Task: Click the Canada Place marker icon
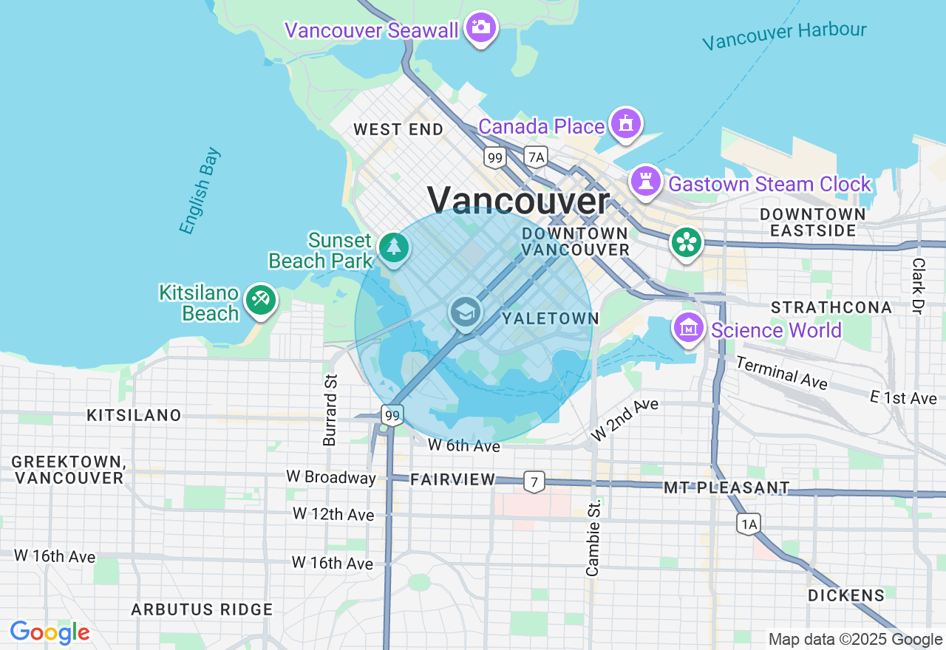coord(626,124)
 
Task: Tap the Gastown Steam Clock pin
coord(646,181)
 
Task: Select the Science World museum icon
coord(689,327)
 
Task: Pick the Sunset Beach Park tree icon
coord(394,247)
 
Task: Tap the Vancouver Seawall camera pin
coord(481,28)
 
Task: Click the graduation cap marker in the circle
coord(465,313)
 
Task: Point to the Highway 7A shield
coord(536,157)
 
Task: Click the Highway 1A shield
coord(748,524)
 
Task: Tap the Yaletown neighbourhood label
coord(550,318)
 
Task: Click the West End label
coord(398,130)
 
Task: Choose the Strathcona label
coord(831,307)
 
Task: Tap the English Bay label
coord(200,191)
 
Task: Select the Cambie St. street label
coord(593,538)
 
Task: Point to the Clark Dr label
coord(918,286)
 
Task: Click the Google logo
coord(50,633)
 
